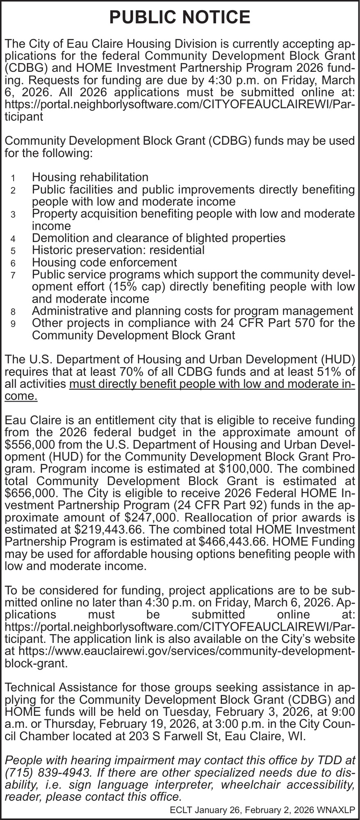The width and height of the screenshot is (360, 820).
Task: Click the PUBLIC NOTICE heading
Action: coord(180,18)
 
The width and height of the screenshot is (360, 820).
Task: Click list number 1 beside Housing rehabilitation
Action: coord(13,178)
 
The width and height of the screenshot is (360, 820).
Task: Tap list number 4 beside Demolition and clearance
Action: coord(13,239)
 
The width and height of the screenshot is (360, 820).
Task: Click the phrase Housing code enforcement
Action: coord(104,262)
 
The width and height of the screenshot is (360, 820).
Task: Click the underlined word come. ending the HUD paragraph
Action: coord(21,396)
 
